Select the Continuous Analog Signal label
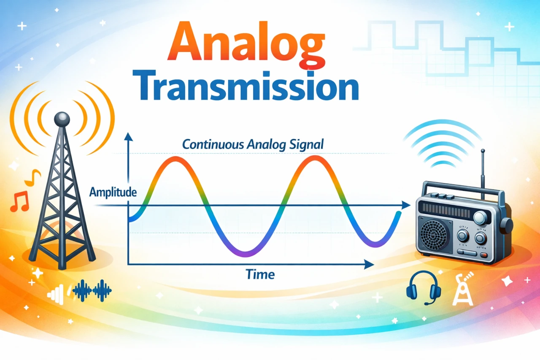pyautogui.click(x=253, y=144)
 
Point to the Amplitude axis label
pyautogui.click(x=113, y=192)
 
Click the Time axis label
pyautogui.click(x=260, y=275)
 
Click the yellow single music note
pyautogui.click(x=32, y=178)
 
